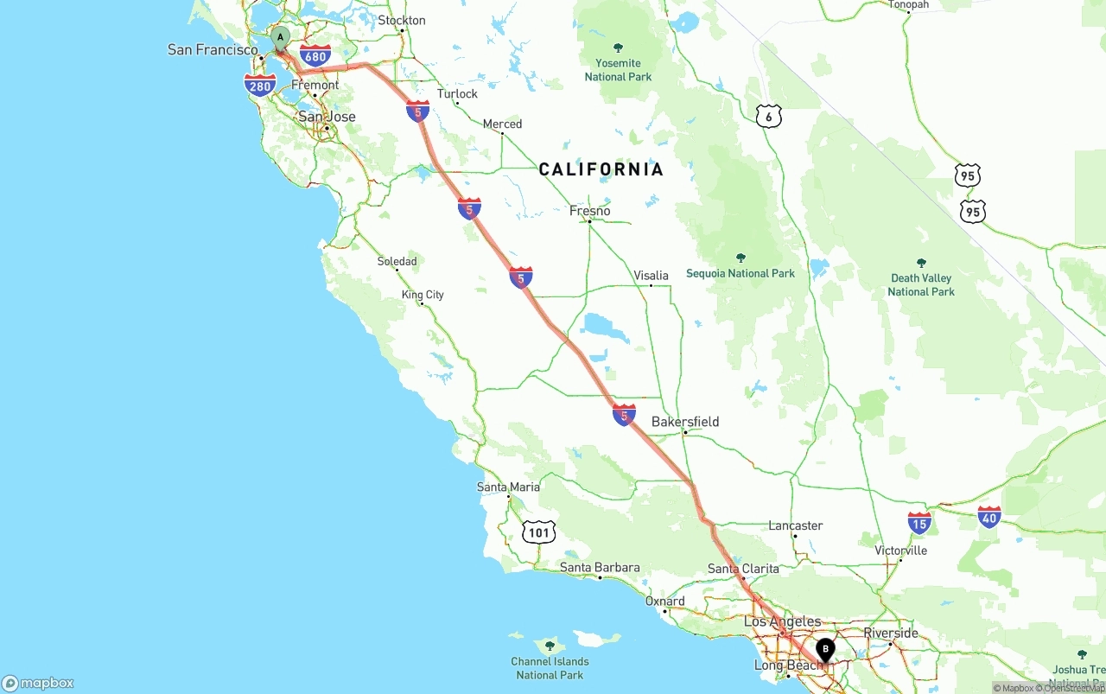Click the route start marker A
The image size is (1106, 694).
280,38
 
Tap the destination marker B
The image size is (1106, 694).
825,649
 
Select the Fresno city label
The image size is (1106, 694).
590,211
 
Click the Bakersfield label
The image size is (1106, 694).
685,422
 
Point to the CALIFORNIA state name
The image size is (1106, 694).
601,169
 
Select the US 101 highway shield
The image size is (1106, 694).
538,532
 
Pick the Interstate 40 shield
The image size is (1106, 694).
989,517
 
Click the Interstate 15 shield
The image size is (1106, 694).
919,522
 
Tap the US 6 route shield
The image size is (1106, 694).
768,117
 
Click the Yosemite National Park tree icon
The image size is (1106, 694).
618,48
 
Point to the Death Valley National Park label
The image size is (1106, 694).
921,284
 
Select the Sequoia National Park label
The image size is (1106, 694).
741,273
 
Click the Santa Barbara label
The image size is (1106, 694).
600,568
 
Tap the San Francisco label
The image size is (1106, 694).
213,49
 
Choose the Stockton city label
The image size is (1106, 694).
402,20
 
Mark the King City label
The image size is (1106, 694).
423,295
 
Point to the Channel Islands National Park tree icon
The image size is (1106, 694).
550,645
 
